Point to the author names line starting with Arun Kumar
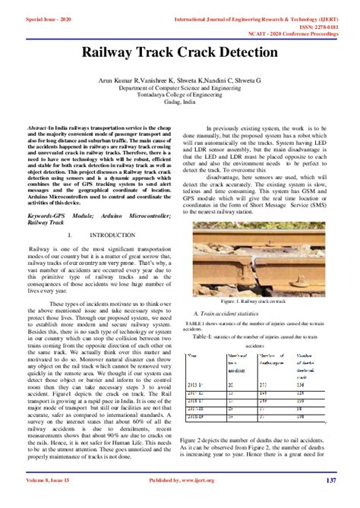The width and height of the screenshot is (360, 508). tap(180, 80)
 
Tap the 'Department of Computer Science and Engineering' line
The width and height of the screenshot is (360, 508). tap(180, 90)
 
